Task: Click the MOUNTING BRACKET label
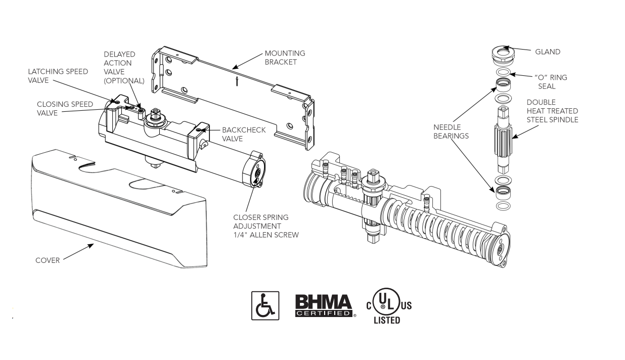tap(285, 58)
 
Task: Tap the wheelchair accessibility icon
tap(265, 305)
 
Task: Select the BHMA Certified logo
tap(324, 305)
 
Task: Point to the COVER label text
tap(48, 260)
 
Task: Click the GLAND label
tap(548, 52)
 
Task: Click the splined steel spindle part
tap(503, 142)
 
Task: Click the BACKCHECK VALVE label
tap(243, 134)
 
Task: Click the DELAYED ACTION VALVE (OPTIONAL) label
tap(124, 67)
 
